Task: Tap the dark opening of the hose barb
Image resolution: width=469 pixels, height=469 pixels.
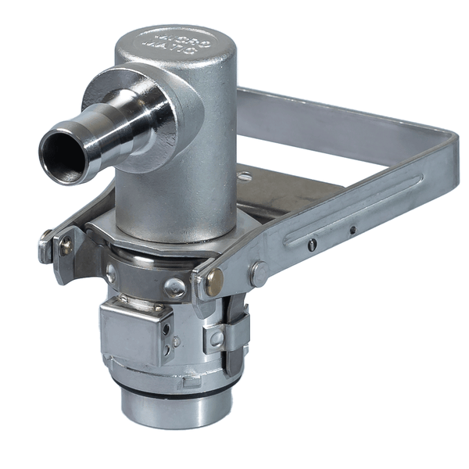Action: pos(63,154)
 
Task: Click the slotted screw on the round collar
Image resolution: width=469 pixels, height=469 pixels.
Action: pos(175,288)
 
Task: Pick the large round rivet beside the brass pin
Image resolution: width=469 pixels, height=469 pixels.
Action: pos(259,273)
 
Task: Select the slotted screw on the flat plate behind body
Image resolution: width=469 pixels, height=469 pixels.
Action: pos(245,177)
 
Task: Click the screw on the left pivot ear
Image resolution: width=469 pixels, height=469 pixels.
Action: pos(66,245)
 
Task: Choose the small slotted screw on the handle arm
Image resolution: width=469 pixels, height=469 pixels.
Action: pos(313,245)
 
